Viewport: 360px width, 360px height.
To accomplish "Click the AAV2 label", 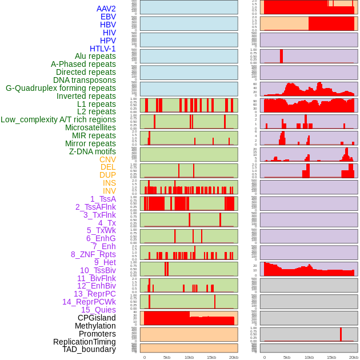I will tap(106, 9).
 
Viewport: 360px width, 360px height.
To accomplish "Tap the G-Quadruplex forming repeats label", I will tap(61, 88).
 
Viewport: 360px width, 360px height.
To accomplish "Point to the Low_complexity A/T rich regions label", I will tap(58, 119).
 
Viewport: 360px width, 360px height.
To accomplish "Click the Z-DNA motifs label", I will tap(92, 151).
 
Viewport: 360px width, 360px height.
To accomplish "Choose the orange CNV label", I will tap(107, 159).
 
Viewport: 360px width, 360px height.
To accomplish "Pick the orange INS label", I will tap(109, 183).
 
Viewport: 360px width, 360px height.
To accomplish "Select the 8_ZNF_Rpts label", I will tap(93, 254).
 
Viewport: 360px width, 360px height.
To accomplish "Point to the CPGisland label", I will tap(97, 318).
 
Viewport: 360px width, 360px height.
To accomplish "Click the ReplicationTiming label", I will tap(84, 342).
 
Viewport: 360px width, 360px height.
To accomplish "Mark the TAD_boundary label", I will tap(89, 349).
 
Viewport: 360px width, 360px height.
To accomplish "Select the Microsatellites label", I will tap(90, 127).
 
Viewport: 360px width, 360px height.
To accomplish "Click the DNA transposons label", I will tap(84, 80).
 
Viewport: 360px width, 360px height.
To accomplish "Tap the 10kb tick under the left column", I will tap(189, 357).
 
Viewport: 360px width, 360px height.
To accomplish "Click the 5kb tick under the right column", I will tap(287, 357).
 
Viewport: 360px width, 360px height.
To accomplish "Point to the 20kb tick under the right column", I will tap(354, 357).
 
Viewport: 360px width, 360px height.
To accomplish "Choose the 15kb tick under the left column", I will tap(211, 357).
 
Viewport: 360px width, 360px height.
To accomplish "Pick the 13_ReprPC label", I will tap(94, 294).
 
